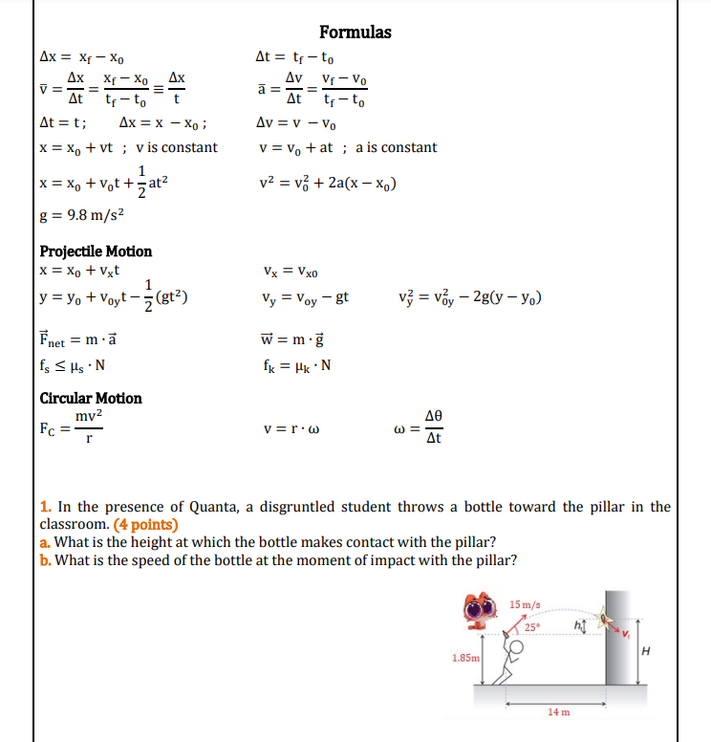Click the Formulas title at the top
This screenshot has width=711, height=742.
pyautogui.click(x=355, y=33)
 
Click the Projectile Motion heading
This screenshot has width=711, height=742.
pyautogui.click(x=96, y=251)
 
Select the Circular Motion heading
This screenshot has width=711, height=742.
pyautogui.click(x=91, y=398)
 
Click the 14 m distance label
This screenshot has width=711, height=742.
pyautogui.click(x=559, y=712)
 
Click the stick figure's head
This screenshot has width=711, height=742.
pyautogui.click(x=517, y=646)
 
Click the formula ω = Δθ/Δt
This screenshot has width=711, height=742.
pyautogui.click(x=422, y=427)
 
